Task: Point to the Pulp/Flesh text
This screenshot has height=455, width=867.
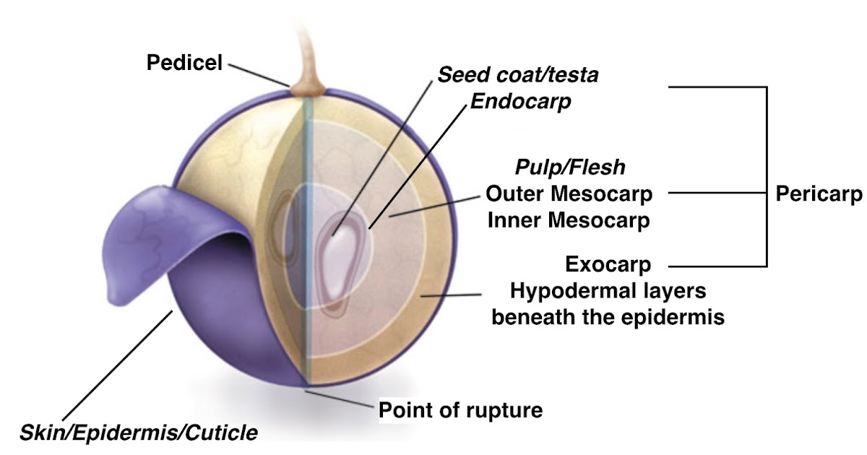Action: (x=570, y=167)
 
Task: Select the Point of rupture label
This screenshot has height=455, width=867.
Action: (x=460, y=411)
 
